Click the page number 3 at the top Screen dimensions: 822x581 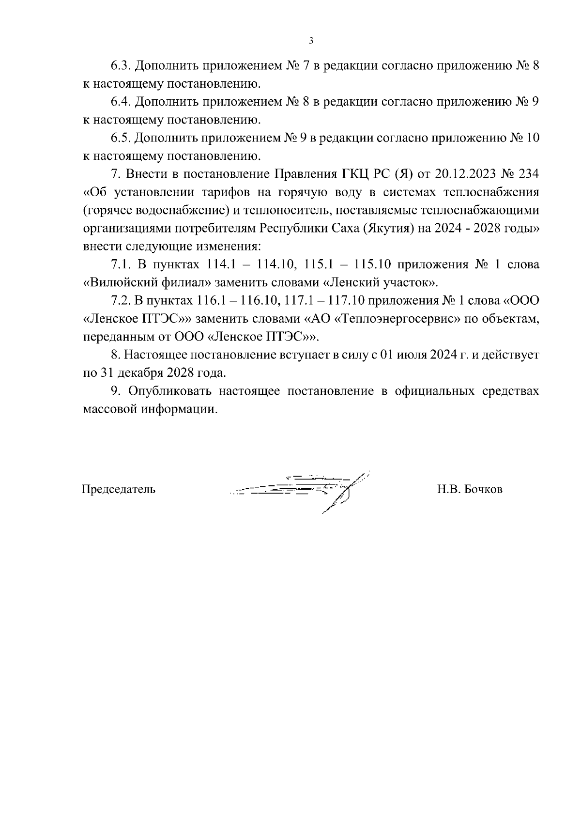(311, 41)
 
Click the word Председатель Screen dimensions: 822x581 (119, 489)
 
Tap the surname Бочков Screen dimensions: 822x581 (483, 489)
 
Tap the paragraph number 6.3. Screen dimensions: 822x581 (121, 66)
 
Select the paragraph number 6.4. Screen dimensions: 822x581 (121, 102)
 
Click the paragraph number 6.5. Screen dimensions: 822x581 (121, 138)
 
